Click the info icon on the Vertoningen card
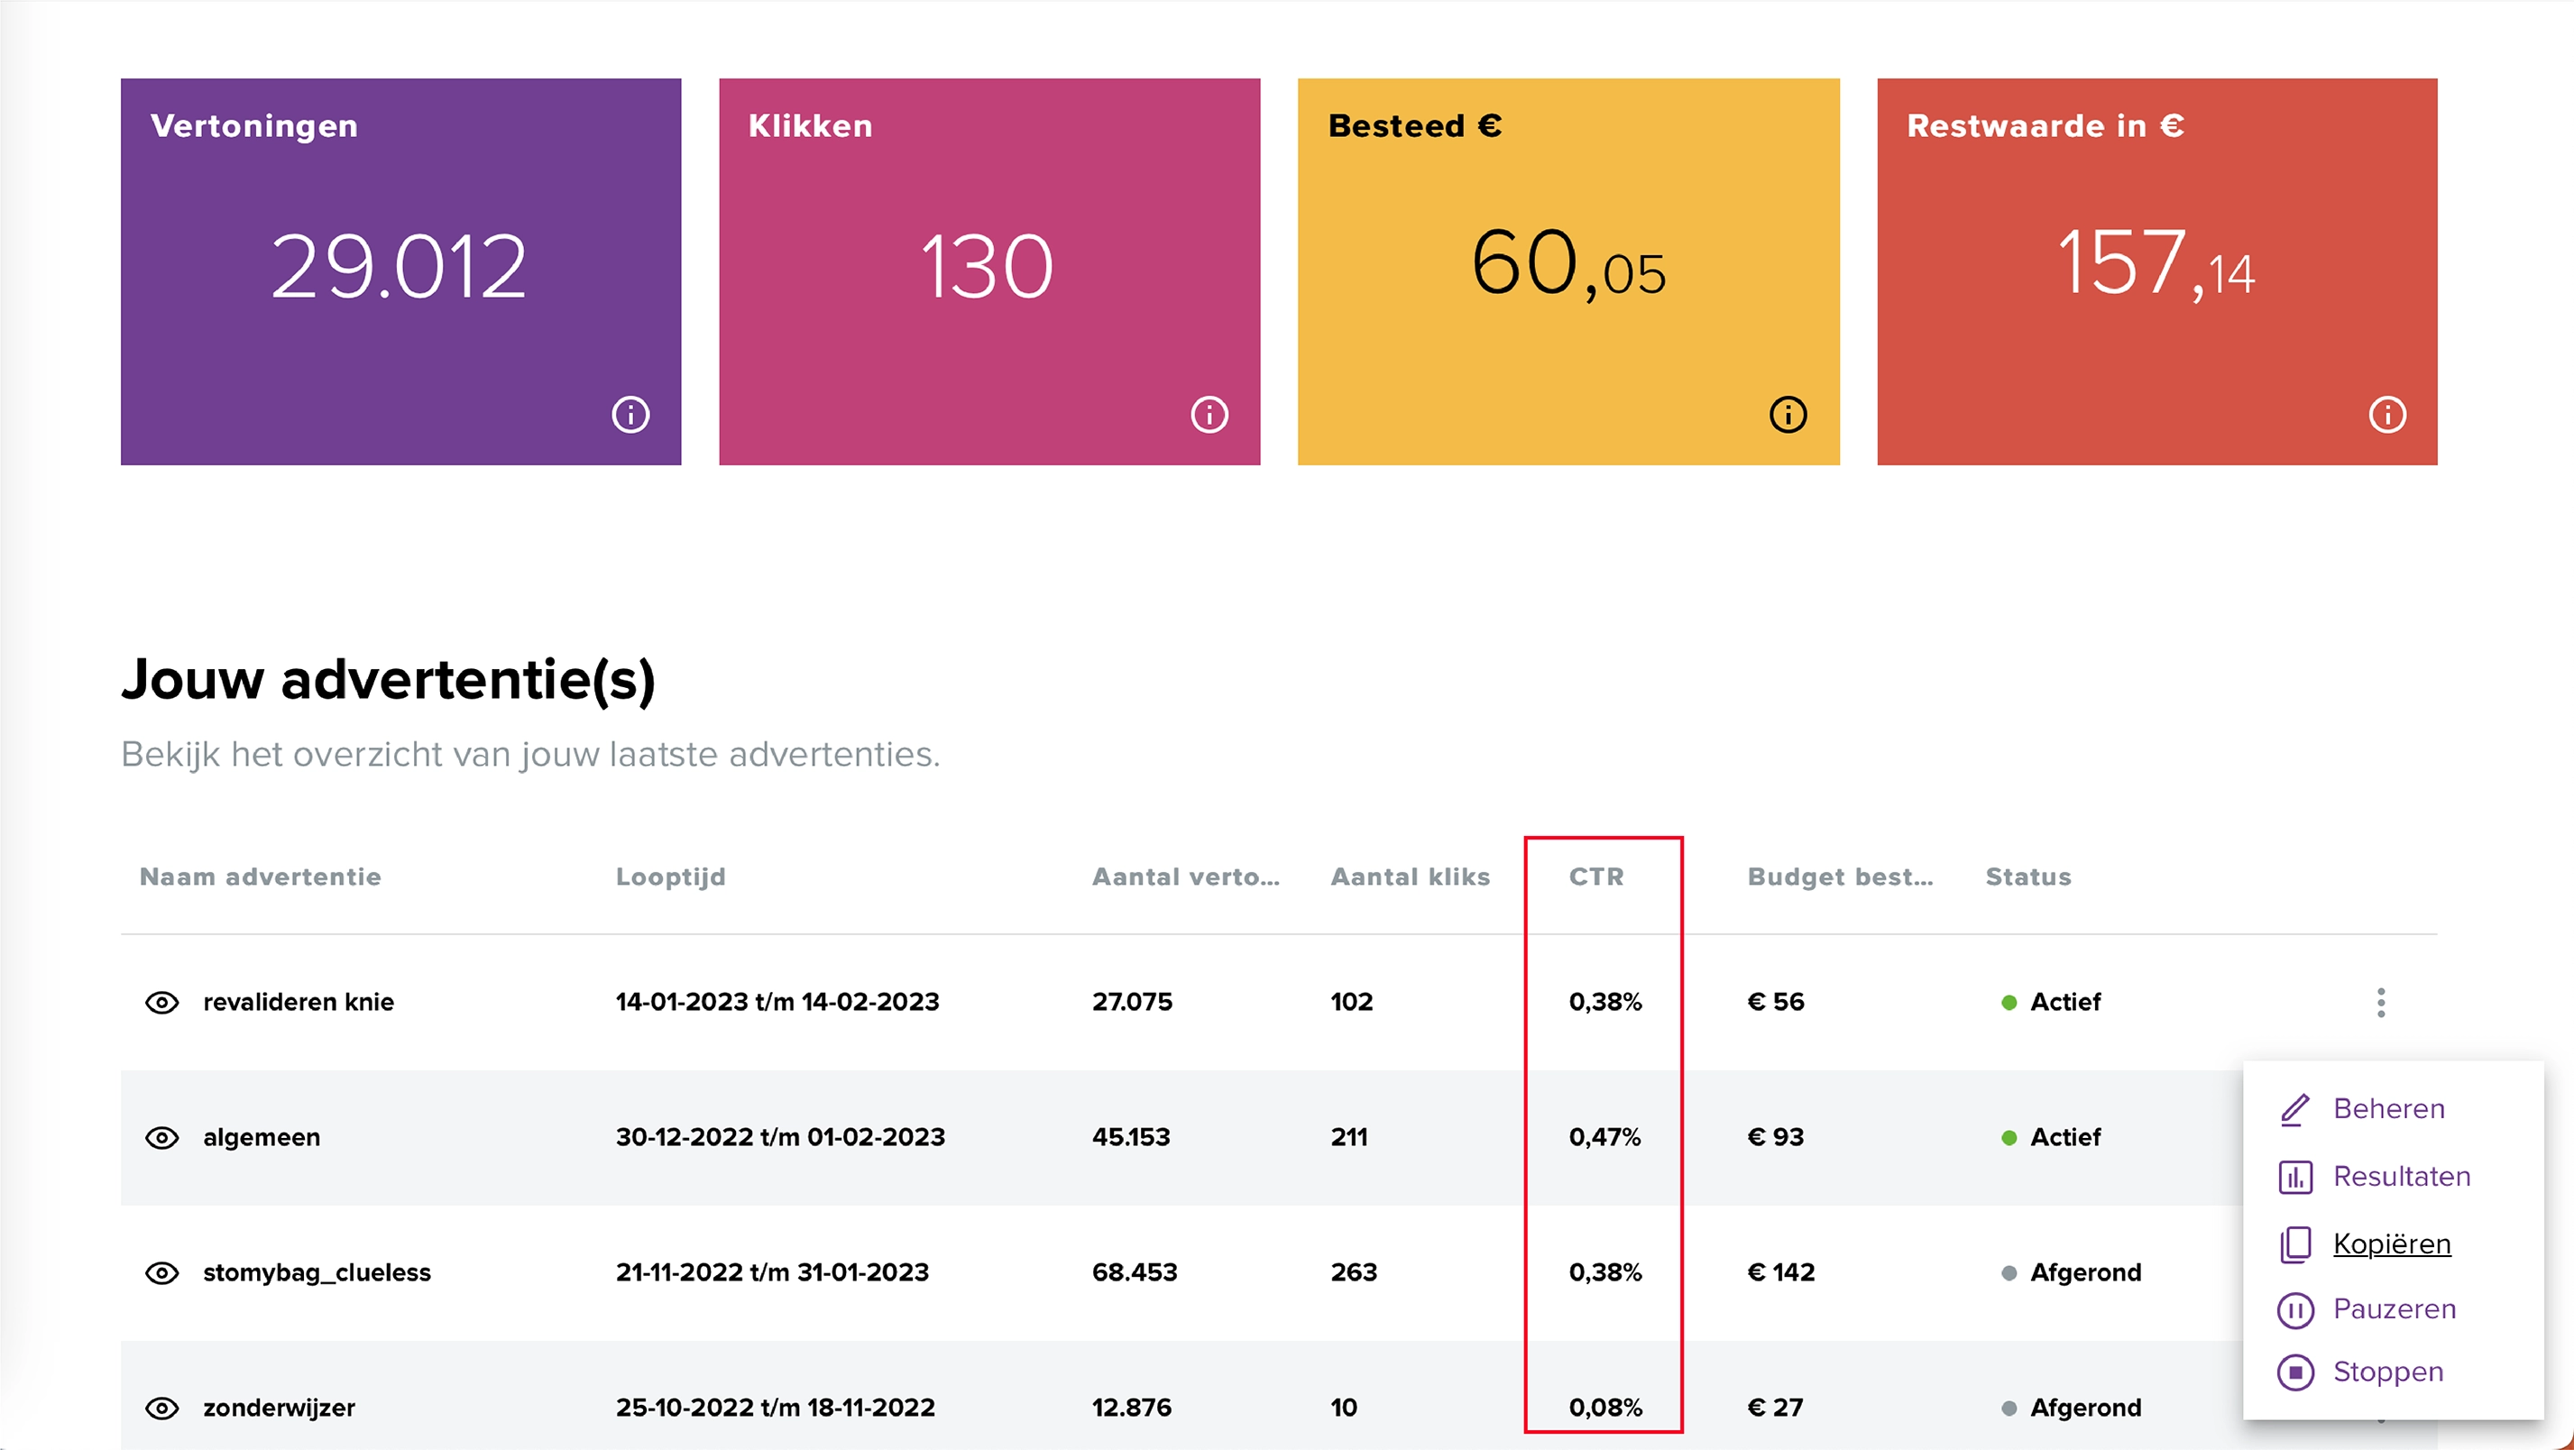click(x=630, y=414)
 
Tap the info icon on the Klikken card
click(x=1209, y=414)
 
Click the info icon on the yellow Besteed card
click(x=1788, y=414)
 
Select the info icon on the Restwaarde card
click(x=2387, y=414)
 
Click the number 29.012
click(x=399, y=266)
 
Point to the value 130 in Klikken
click(x=988, y=266)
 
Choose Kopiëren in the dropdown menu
click(x=2391, y=1244)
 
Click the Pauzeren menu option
click(x=2395, y=1309)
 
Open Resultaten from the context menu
click(x=2401, y=1176)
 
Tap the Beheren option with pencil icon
click(x=2388, y=1108)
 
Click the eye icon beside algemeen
click(x=161, y=1137)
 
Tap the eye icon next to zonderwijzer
click(x=161, y=1408)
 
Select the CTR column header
click(x=1595, y=876)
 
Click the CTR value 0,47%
click(x=1604, y=1137)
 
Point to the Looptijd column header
click(x=670, y=876)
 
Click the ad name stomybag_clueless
click(x=317, y=1272)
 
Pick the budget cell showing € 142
click(x=1780, y=1272)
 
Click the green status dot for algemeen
click(x=2009, y=1137)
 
